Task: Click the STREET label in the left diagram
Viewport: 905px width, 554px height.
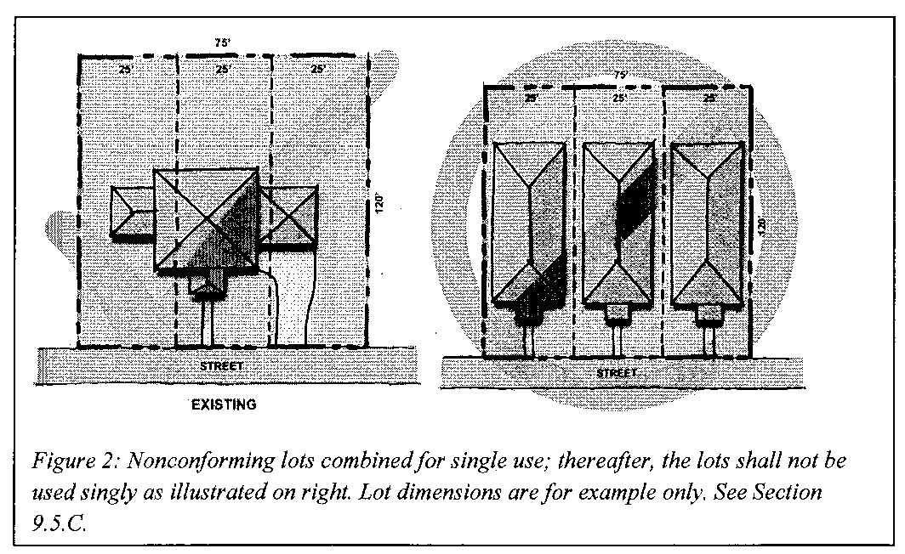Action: click(222, 365)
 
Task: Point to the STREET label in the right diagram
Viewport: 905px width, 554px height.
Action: click(616, 373)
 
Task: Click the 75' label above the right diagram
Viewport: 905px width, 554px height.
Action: click(620, 75)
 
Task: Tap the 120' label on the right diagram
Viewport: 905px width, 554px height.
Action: click(762, 225)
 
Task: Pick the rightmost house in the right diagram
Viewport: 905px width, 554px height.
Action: click(707, 225)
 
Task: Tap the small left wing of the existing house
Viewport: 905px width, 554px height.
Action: click(133, 211)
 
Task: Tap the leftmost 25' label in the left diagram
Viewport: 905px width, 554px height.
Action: click(126, 69)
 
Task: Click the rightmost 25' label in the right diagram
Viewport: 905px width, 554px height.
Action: click(708, 99)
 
